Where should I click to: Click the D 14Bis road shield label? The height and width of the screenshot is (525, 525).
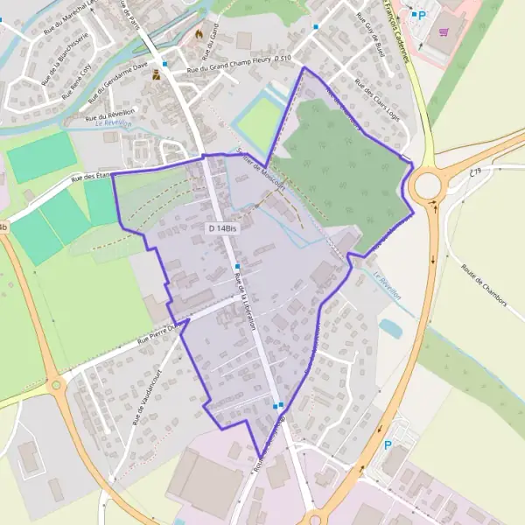click(x=222, y=228)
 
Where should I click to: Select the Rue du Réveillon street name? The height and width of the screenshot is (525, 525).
click(x=110, y=115)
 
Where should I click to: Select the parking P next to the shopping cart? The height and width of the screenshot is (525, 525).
click(x=421, y=15)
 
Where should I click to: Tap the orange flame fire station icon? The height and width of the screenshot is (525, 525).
click(x=199, y=35)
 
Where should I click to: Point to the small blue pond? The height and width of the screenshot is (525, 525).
click(x=390, y=328)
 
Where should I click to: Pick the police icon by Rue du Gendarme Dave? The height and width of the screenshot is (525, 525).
click(x=157, y=74)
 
